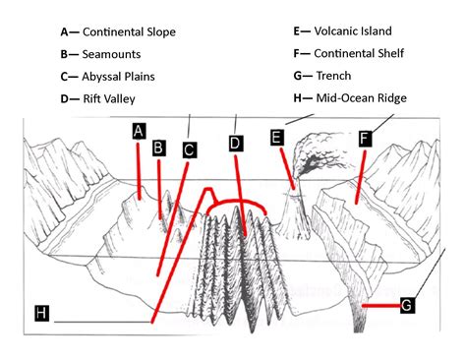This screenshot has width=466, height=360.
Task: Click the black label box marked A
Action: pyautogui.click(x=140, y=131)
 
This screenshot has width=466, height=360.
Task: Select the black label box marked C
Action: pyautogui.click(x=190, y=150)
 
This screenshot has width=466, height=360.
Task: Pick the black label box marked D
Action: pyautogui.click(x=235, y=144)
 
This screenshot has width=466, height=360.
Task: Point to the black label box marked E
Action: pyautogui.click(x=277, y=138)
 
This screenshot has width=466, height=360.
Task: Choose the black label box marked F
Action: pyautogui.click(x=365, y=139)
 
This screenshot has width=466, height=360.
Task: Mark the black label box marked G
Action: pyautogui.click(x=407, y=306)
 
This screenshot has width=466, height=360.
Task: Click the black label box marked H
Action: pyautogui.click(x=40, y=313)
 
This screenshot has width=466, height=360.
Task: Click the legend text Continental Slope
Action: pyautogui.click(x=130, y=32)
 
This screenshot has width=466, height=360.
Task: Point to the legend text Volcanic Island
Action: pyautogui.click(x=356, y=31)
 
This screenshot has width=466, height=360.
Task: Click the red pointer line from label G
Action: pyautogui.click(x=379, y=306)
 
